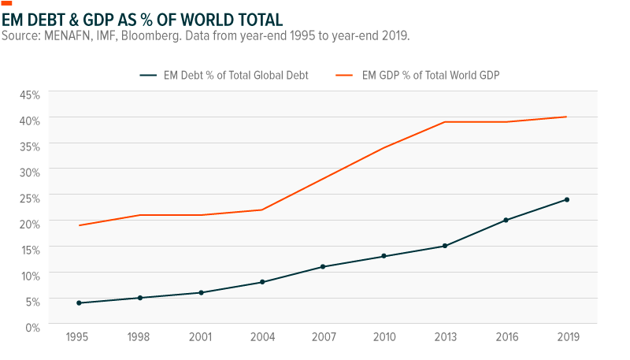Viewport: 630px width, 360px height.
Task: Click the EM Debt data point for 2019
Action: tap(566, 199)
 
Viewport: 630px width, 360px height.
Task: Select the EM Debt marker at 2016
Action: tap(506, 220)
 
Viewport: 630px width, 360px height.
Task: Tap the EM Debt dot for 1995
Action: tap(80, 302)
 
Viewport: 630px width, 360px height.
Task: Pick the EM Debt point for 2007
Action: tap(323, 266)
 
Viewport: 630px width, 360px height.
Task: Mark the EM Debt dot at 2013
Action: tap(445, 246)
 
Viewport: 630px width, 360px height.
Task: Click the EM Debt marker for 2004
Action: tap(262, 282)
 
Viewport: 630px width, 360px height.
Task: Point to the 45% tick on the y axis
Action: tap(29, 95)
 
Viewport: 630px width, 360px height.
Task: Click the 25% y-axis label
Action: tap(29, 199)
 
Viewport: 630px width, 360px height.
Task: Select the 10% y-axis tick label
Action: tap(29, 276)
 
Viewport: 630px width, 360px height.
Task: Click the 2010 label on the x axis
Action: tap(384, 337)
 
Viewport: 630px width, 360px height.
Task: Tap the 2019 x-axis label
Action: tap(566, 337)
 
